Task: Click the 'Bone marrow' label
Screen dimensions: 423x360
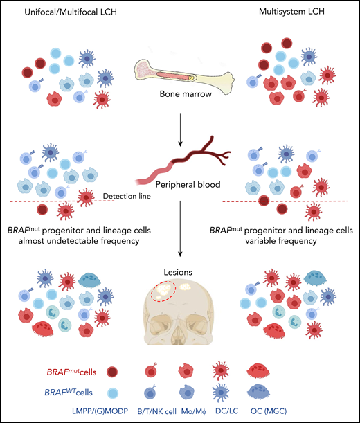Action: [x=179, y=98]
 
